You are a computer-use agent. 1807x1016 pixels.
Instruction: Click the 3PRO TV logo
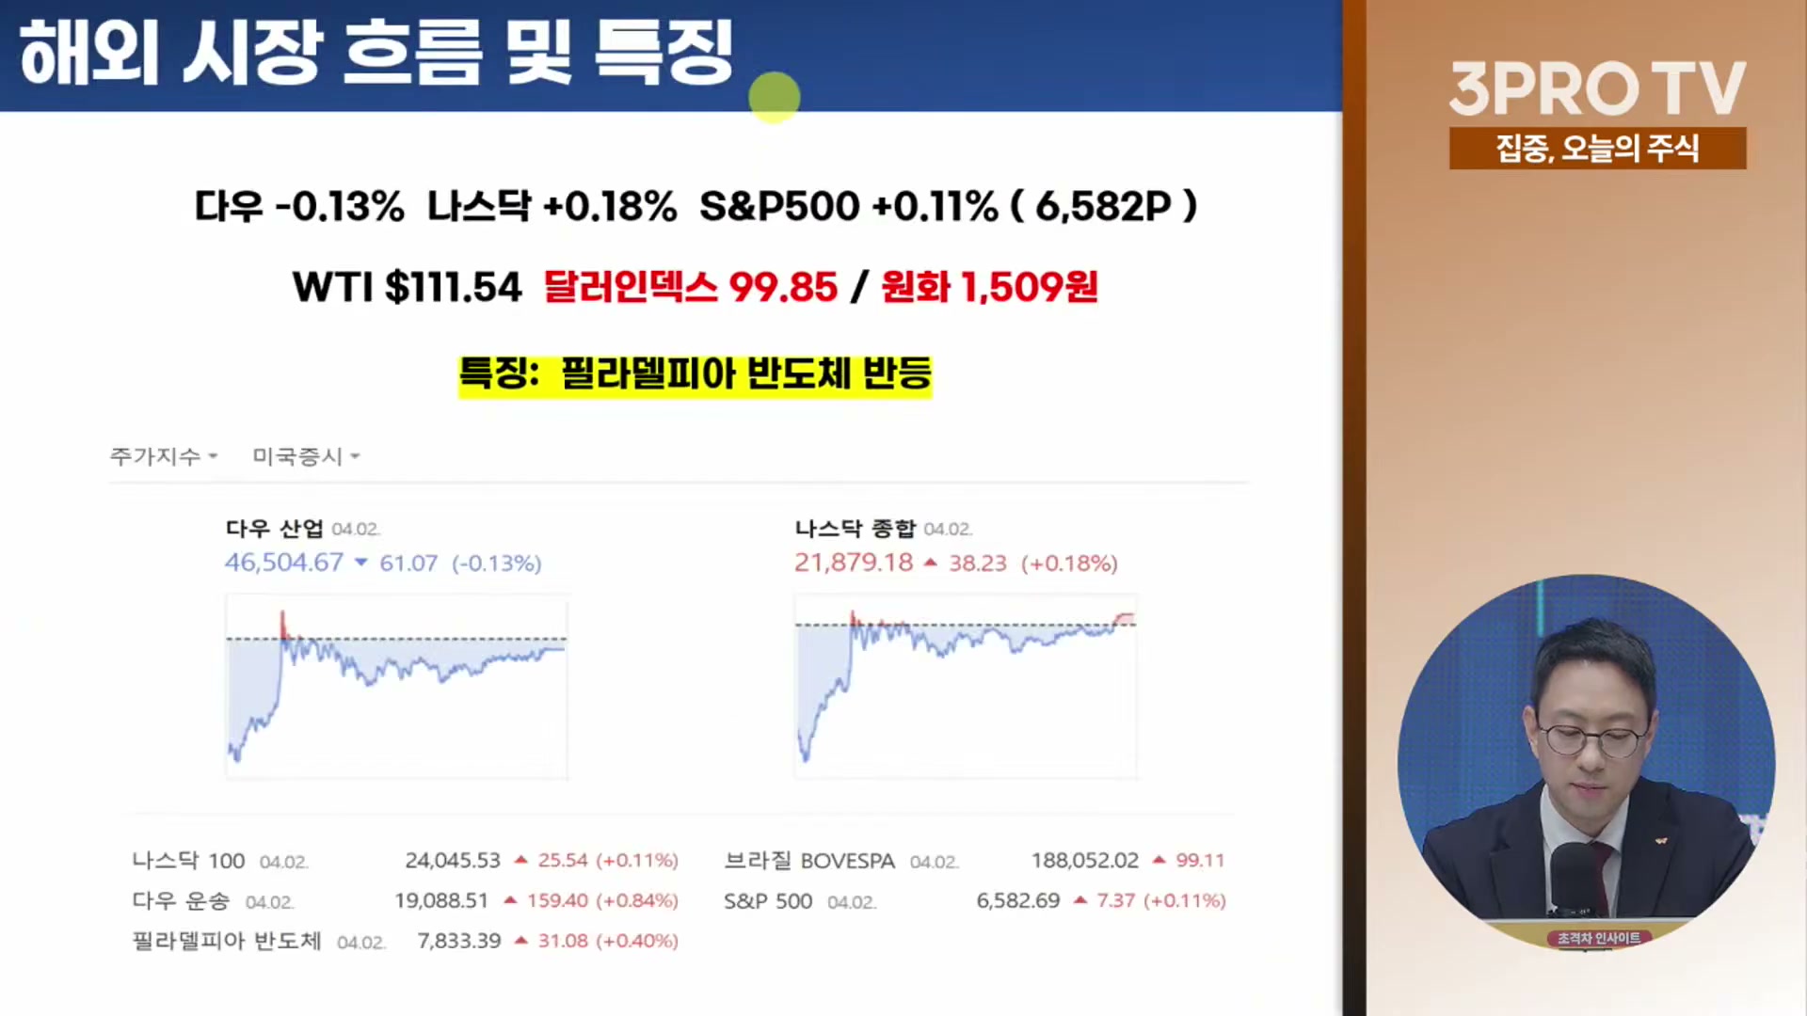1597,88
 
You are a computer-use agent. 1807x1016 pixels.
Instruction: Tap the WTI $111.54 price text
407,287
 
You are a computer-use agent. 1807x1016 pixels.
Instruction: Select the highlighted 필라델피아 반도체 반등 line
695,374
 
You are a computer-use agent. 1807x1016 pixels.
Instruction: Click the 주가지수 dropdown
164,456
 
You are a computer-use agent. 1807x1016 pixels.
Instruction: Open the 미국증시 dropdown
306,456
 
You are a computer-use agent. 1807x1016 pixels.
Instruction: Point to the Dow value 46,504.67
283,563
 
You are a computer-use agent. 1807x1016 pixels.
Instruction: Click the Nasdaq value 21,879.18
853,563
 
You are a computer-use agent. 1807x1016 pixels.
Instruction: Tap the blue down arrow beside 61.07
360,563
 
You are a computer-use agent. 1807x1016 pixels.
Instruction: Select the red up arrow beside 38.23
930,563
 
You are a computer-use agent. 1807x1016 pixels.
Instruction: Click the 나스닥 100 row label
188,861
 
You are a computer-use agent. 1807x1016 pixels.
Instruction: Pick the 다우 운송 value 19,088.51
441,901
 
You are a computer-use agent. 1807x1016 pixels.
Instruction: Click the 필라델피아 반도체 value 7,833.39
459,941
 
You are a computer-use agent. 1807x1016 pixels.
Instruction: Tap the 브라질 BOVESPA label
809,861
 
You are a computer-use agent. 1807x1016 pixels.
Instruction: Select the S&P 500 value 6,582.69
1018,901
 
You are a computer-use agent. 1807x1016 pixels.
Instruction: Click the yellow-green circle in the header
775,97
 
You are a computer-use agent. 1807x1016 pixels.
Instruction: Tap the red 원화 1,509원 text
989,287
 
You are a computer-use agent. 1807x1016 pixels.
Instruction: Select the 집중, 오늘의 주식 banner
1597,149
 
